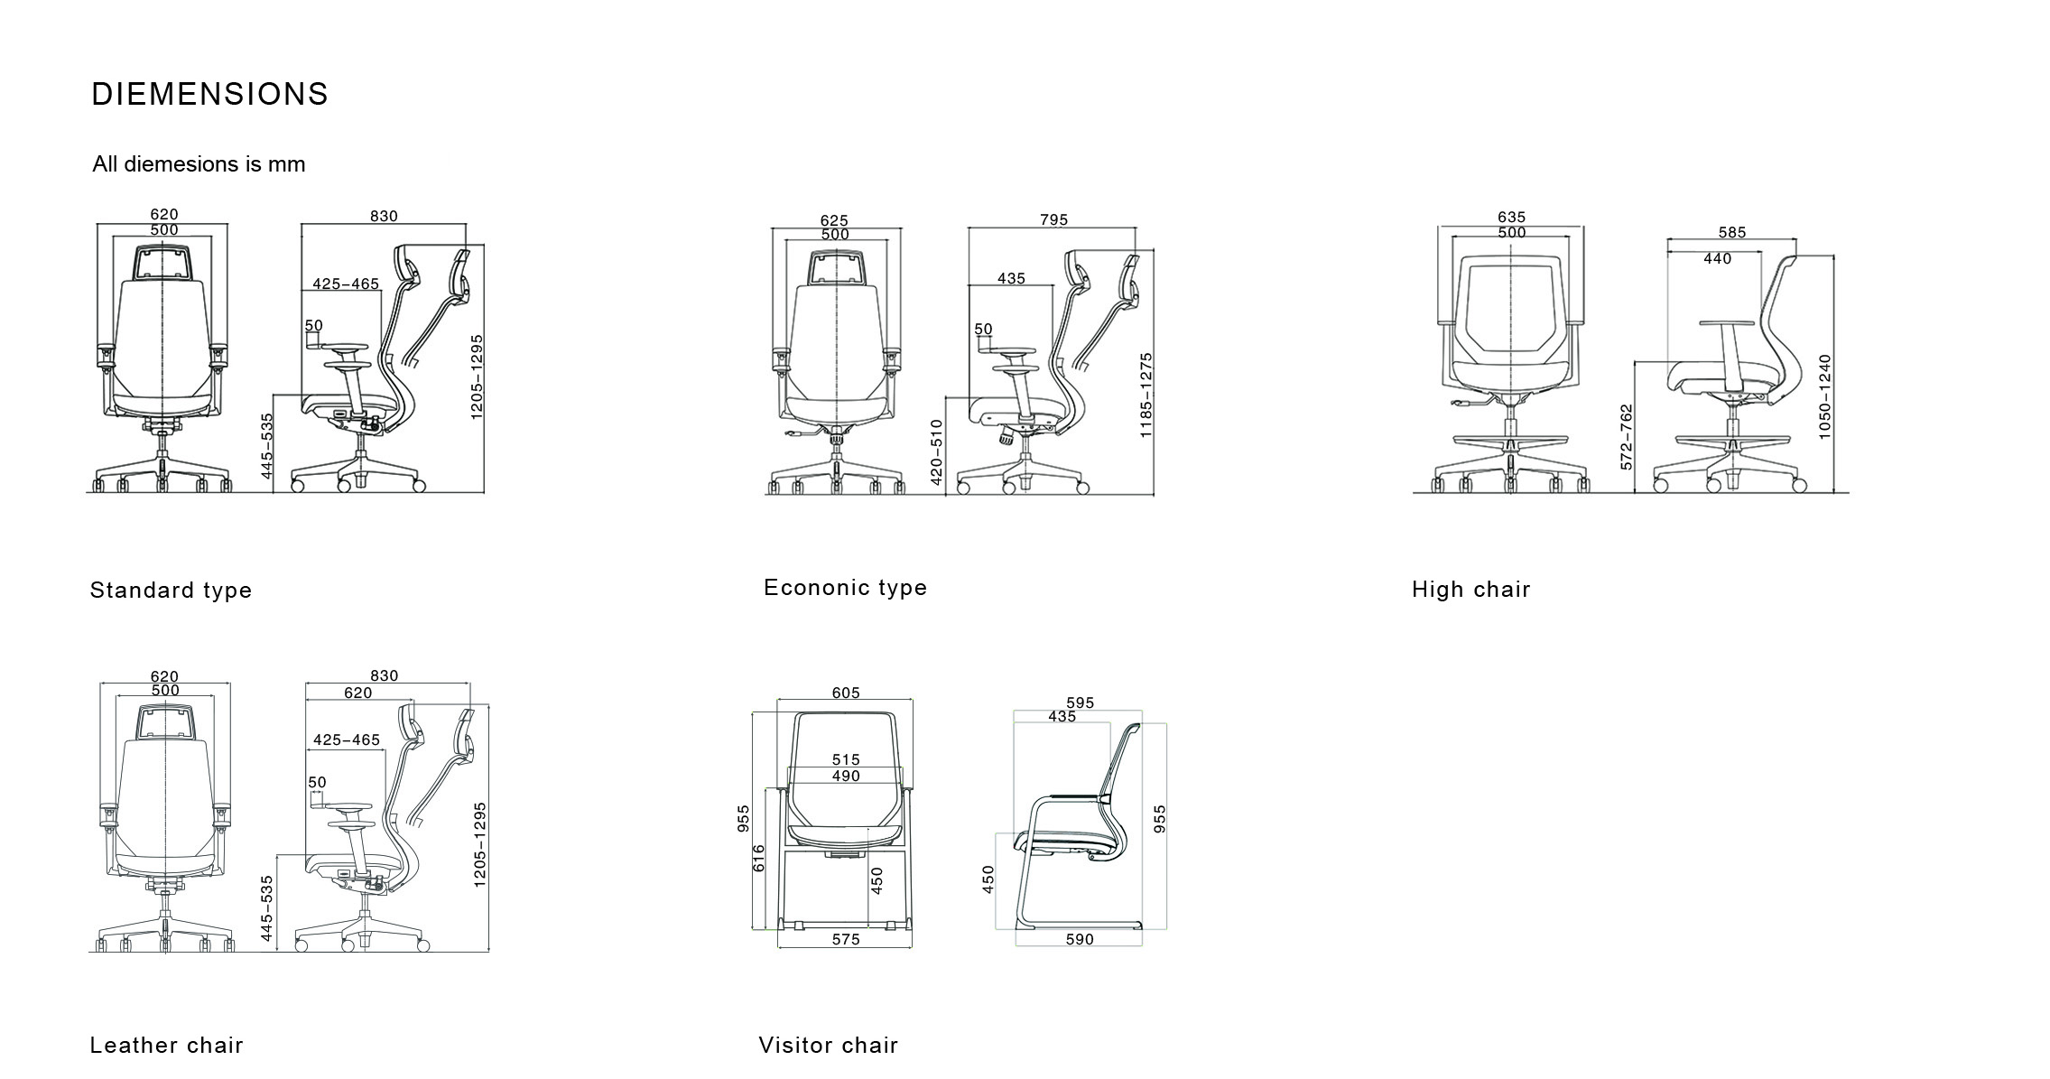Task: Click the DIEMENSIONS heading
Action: click(x=210, y=94)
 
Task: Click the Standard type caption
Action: click(x=171, y=591)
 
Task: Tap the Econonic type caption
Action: click(x=845, y=588)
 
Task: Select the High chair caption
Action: click(x=1471, y=590)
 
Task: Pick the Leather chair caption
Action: click(x=166, y=1046)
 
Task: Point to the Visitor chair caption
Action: click(x=829, y=1046)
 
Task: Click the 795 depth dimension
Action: click(x=1053, y=219)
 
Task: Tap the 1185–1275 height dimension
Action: click(x=1146, y=395)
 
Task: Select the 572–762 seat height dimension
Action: click(x=1627, y=437)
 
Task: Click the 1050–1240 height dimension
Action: click(x=1825, y=397)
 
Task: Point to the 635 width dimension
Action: click(x=1511, y=217)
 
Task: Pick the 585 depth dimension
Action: click(x=1732, y=232)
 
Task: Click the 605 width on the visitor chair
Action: click(x=846, y=693)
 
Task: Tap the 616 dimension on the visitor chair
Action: click(x=758, y=858)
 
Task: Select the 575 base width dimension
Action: click(x=846, y=939)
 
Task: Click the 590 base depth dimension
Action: click(x=1080, y=939)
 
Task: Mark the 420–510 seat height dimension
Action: click(x=936, y=452)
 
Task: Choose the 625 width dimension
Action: click(x=834, y=220)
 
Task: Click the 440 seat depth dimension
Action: click(x=1718, y=259)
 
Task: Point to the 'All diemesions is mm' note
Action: click(x=199, y=164)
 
